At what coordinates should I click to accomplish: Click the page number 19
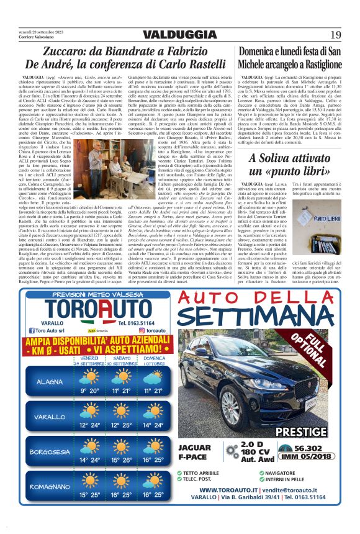click(x=335, y=35)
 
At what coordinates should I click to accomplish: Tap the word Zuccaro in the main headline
click(x=71, y=50)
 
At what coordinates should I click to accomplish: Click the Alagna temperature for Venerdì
click(x=89, y=391)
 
